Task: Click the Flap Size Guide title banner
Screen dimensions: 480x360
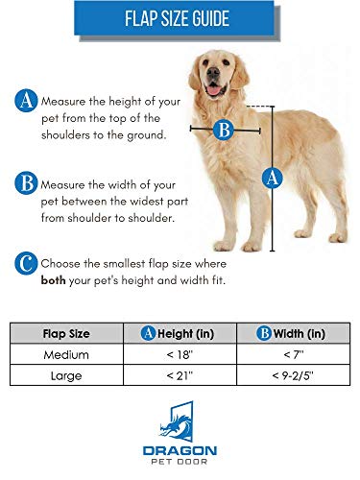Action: pyautogui.click(x=180, y=19)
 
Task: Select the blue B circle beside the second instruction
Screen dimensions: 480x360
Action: pyautogui.click(x=24, y=181)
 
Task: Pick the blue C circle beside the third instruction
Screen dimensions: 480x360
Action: pyautogui.click(x=24, y=262)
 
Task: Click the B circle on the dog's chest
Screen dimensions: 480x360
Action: pyautogui.click(x=224, y=129)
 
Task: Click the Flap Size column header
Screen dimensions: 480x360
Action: pyautogui.click(x=67, y=335)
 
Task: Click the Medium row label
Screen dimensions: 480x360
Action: pyautogui.click(x=67, y=356)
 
